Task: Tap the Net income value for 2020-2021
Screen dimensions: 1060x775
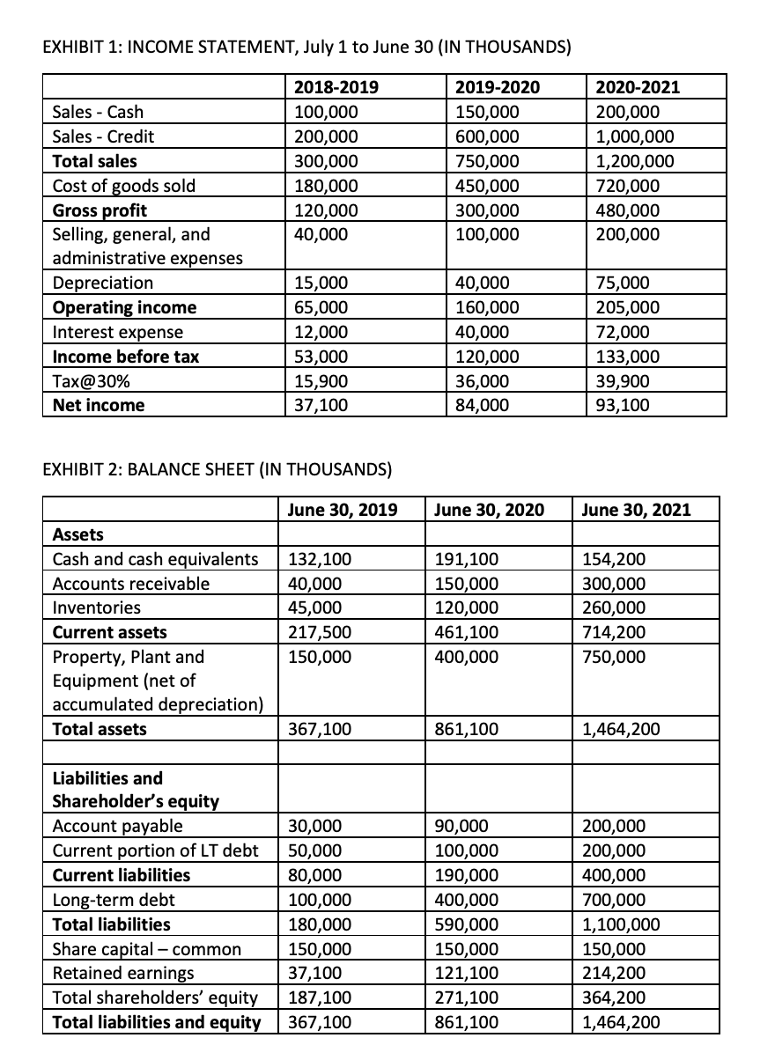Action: click(622, 405)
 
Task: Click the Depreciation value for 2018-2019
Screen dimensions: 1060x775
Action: click(321, 283)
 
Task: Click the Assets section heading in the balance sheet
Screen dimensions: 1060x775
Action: click(78, 534)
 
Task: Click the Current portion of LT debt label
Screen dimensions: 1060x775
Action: click(156, 850)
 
